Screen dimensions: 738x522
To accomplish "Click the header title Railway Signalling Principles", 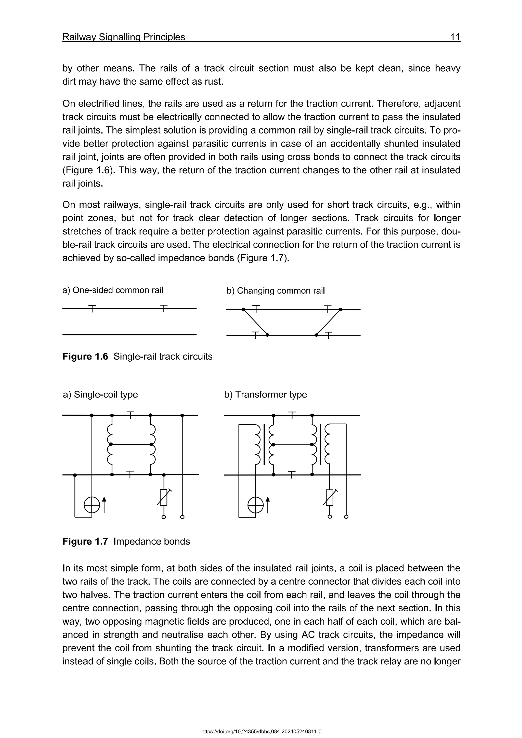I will click(124, 37).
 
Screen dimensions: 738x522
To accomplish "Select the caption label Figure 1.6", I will click(85, 357).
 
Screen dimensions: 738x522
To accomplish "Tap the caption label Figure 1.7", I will click(85, 542).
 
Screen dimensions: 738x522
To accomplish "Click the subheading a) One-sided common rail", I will click(113, 290).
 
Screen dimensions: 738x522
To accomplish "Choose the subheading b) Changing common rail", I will click(276, 291).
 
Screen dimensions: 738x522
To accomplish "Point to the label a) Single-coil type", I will click(101, 394).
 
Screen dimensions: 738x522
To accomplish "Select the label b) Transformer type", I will click(266, 394).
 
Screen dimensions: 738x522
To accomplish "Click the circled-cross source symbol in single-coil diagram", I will click(92, 506).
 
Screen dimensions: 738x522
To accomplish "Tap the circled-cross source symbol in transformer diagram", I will click(256, 506).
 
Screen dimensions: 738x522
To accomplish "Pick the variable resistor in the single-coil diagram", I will click(164, 497).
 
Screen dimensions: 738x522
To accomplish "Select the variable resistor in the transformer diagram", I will click(330, 497).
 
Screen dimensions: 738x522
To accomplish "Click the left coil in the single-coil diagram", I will click(110, 444).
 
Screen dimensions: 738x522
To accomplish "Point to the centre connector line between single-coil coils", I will click(131, 444).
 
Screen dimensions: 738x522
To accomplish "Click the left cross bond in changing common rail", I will click(255, 322).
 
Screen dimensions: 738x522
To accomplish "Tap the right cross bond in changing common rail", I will click(329, 322).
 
